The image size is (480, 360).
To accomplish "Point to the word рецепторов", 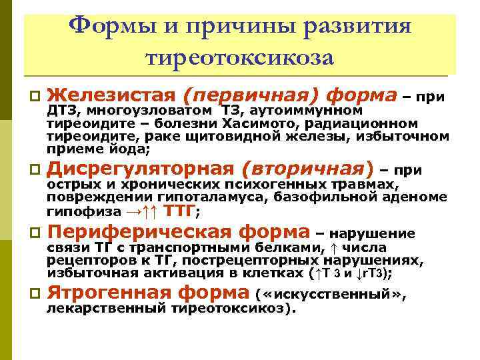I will click(x=85, y=261).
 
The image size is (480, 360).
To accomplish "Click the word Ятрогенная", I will click(x=111, y=293).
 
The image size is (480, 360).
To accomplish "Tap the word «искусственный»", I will click(x=330, y=295).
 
